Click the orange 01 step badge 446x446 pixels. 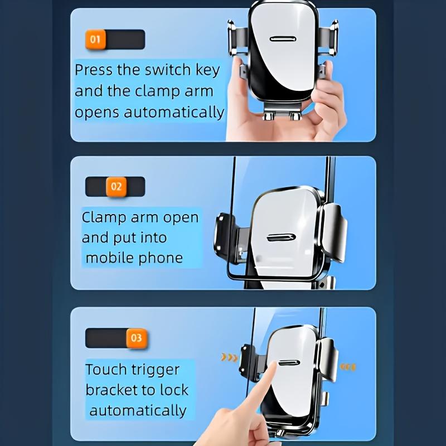pyautogui.click(x=95, y=40)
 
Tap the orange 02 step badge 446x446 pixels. pyautogui.click(x=116, y=186)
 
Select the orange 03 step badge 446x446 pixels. pyautogui.click(x=136, y=338)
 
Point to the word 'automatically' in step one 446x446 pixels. pyautogui.click(x=174, y=112)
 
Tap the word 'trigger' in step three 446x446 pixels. pyautogui.click(x=157, y=370)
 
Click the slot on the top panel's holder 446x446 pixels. pyautogui.click(x=283, y=40)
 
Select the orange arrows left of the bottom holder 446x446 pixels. pyautogui.click(x=229, y=357)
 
